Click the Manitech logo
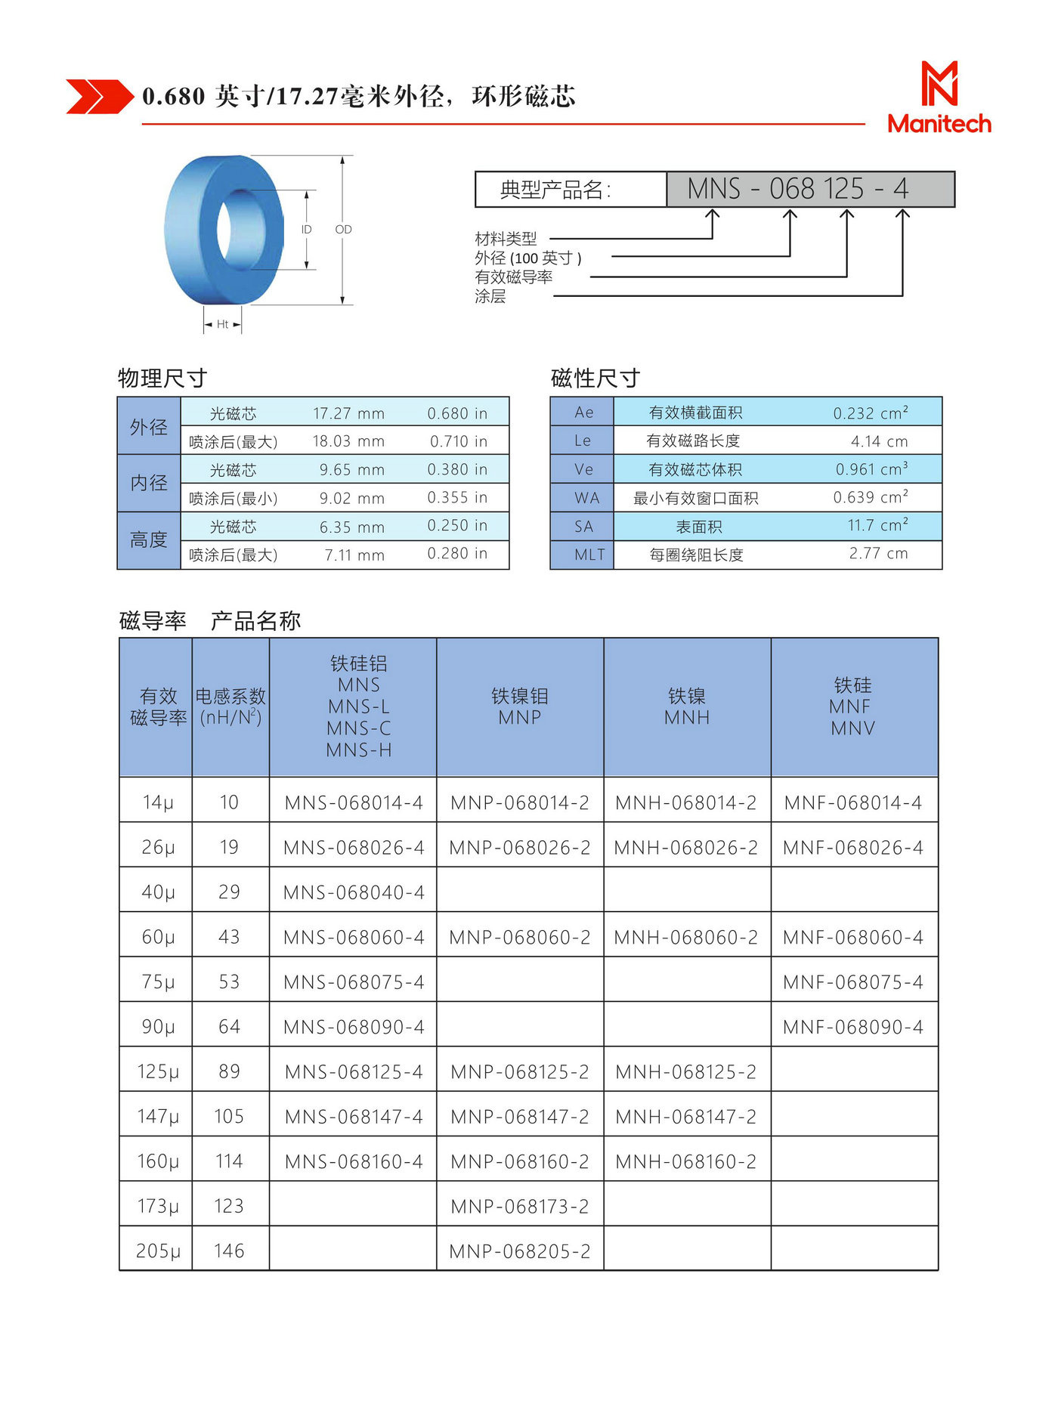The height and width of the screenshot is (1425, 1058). pos(939,98)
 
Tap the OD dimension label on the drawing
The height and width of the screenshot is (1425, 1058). pos(343,229)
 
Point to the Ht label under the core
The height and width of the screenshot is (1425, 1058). pos(222,324)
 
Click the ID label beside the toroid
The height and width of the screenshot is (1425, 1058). pos(306,229)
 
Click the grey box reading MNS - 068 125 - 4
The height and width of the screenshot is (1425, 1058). pos(810,189)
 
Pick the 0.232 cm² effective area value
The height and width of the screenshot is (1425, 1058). pos(870,413)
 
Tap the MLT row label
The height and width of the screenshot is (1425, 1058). pos(589,555)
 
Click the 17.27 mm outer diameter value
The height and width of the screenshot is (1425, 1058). pos(348,413)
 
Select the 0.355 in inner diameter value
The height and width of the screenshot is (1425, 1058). pos(457,497)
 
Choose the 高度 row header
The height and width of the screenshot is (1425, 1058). pos(148,539)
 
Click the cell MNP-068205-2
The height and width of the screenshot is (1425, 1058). pos(520,1250)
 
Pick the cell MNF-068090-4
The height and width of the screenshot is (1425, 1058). pos(853,1026)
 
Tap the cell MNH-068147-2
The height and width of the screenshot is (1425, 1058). pos(686,1116)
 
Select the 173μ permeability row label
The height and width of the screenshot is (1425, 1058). pos(158,1206)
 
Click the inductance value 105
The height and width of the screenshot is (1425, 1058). pos(229,1116)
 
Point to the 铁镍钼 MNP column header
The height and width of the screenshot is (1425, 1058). pos(520,706)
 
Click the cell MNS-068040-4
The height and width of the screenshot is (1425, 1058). pos(354,892)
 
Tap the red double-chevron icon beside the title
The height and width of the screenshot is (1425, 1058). pos(99,97)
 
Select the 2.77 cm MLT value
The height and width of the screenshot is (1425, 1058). pos(878,553)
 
